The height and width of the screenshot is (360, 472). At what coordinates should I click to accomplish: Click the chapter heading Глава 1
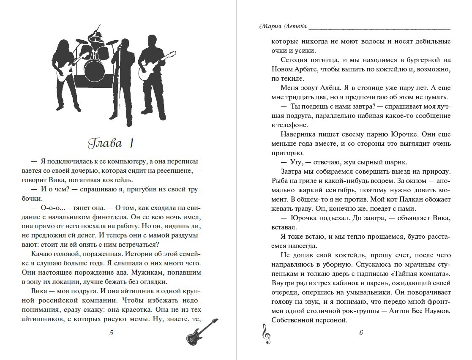click(111, 143)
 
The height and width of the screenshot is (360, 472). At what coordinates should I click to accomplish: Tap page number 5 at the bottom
click(111, 333)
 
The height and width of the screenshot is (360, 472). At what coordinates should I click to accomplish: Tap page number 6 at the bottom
click(361, 333)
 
